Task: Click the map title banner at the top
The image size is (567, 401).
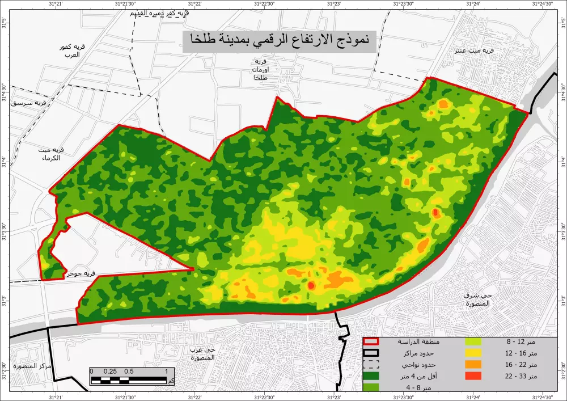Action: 280,41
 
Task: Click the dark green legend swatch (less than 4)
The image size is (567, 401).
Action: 371,375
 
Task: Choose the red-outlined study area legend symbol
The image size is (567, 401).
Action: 371,342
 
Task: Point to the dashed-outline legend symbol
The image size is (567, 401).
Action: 371,364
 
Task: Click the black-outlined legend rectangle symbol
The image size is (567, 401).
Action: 371,353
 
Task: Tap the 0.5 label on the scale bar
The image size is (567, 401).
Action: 129,372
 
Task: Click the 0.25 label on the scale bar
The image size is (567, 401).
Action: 111,372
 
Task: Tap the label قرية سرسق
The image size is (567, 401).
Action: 33,103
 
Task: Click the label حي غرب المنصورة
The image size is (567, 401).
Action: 202,353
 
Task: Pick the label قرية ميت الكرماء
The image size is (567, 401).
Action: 50,154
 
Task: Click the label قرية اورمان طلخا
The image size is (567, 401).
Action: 261,69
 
